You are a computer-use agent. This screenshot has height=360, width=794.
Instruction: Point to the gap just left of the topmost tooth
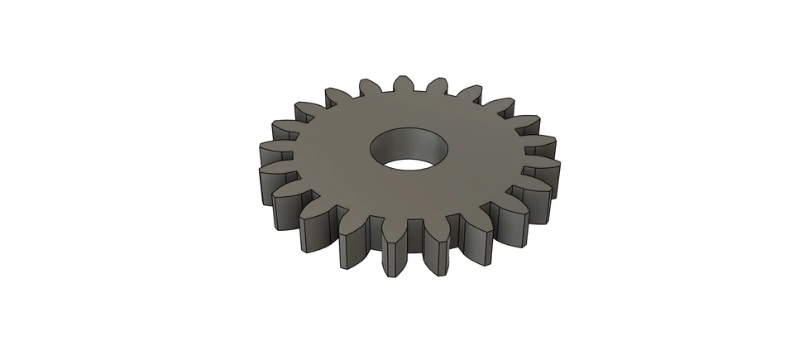pos(386,90)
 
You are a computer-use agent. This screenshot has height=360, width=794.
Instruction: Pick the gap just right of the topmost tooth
pos(421,90)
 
